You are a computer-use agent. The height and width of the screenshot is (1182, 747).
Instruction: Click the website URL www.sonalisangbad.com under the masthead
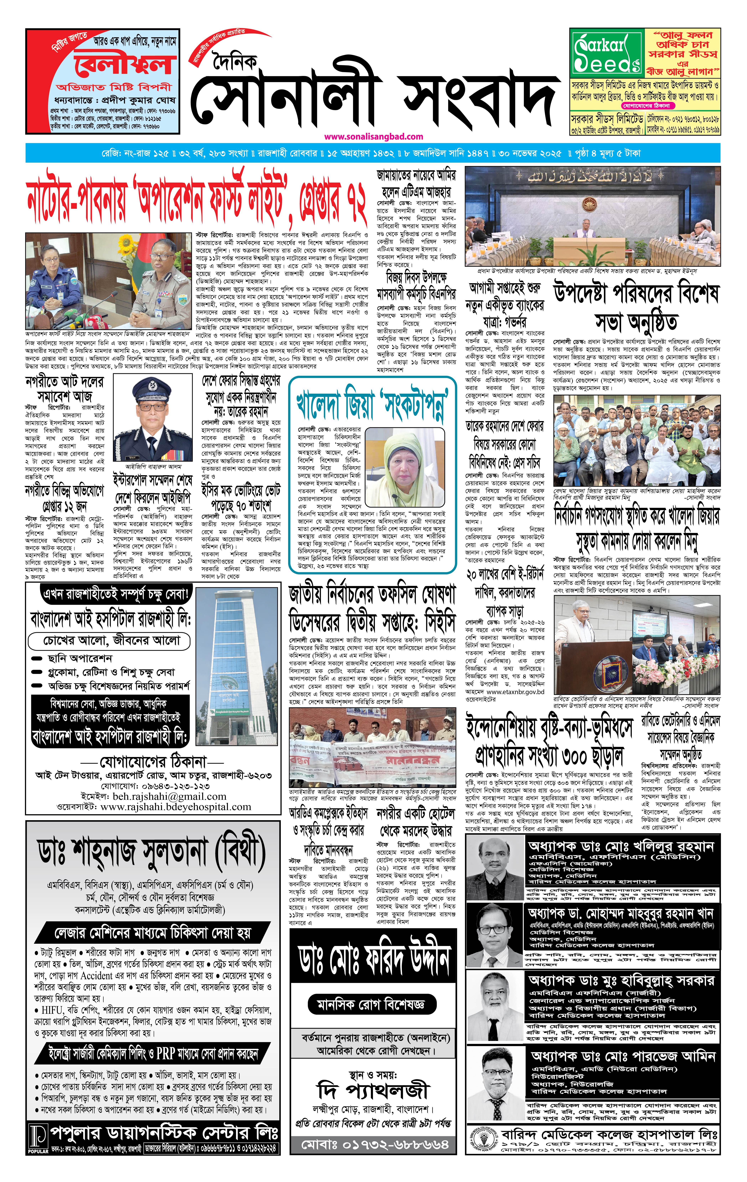coord(373,136)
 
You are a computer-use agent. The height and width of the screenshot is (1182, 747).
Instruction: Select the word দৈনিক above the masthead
coord(235,62)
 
